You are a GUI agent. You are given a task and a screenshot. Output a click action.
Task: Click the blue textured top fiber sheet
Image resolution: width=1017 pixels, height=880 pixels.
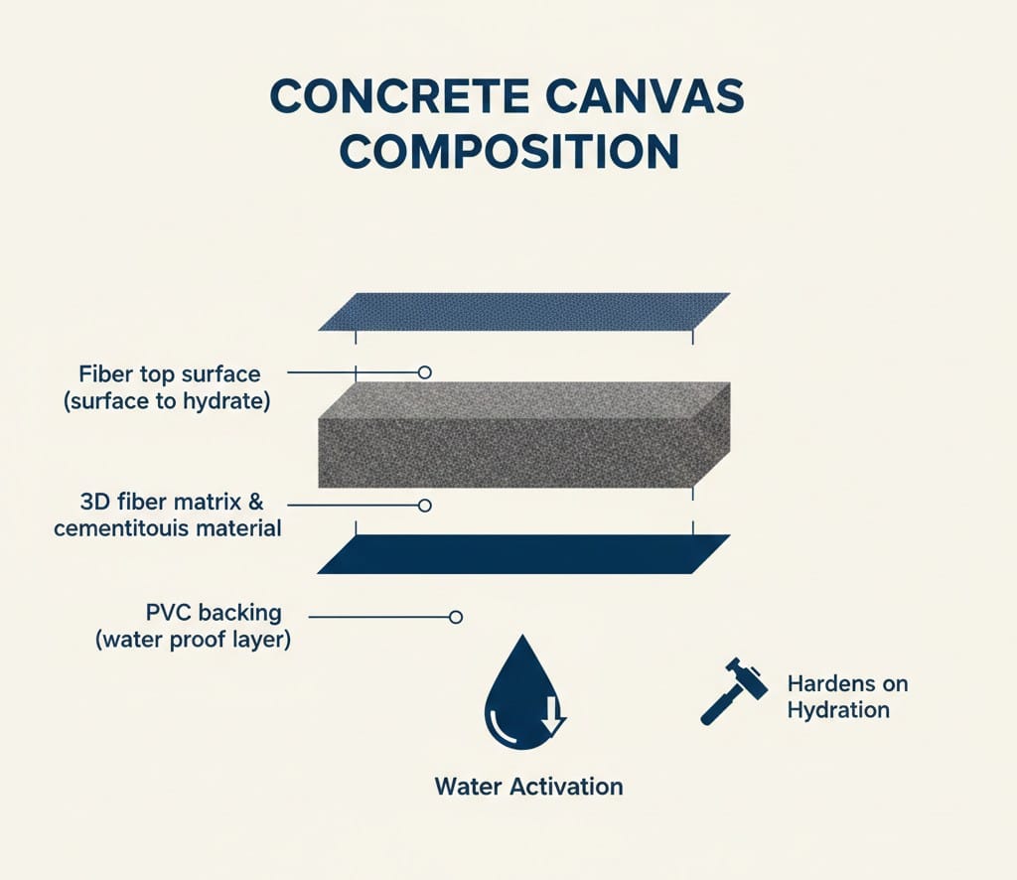[523, 311]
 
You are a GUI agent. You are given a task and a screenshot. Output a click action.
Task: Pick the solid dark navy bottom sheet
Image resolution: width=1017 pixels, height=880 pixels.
[523, 554]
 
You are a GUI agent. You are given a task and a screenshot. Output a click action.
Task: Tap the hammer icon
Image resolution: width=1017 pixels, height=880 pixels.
[734, 689]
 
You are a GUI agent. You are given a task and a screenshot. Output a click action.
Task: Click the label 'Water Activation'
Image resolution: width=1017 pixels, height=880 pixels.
[528, 787]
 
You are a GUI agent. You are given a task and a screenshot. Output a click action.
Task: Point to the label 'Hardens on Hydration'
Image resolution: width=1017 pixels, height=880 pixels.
[846, 696]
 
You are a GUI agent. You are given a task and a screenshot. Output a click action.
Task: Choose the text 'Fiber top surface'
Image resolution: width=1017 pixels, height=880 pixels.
[169, 374]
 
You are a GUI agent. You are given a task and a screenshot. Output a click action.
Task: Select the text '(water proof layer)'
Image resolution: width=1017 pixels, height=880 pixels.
[193, 640]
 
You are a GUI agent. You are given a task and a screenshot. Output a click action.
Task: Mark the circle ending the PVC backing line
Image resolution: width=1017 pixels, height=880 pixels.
[456, 617]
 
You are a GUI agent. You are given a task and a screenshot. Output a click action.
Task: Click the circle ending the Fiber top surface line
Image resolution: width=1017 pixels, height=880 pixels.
[425, 372]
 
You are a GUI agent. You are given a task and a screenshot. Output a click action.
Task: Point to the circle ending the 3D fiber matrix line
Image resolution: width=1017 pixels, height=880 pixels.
[425, 506]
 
